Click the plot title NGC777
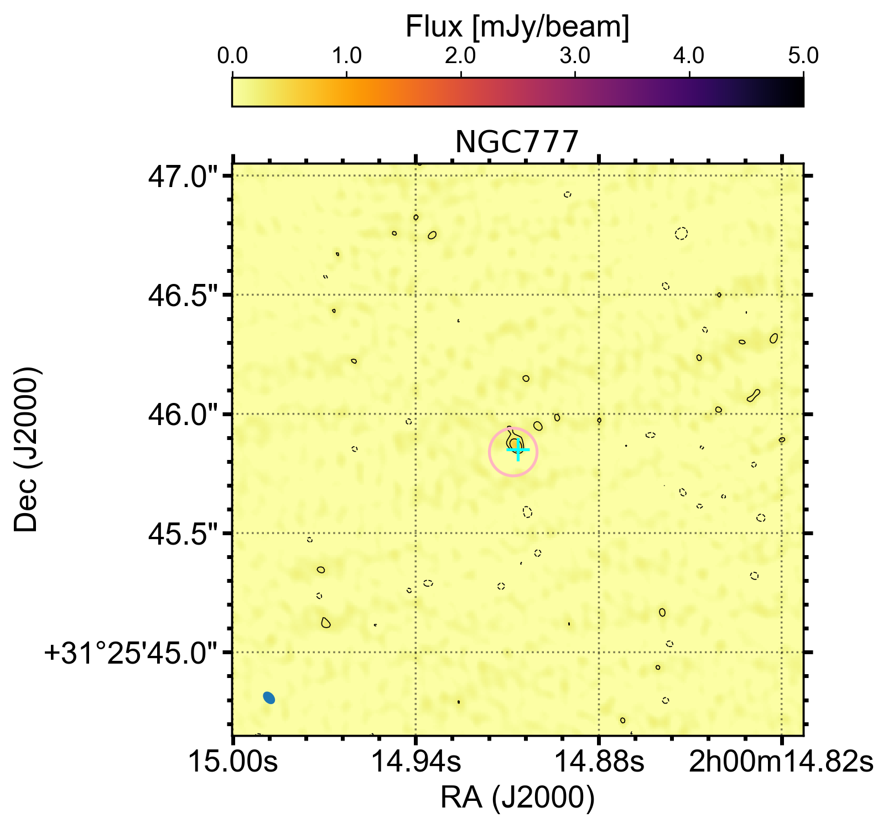516,142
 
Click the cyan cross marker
518,451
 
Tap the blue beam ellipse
269,698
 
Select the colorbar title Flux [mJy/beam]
517,27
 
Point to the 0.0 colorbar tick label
232,56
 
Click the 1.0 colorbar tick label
347,56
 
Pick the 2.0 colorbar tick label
461,56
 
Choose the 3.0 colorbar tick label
575,56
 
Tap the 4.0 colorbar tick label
689,56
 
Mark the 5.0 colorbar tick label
803,56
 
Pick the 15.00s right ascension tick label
233,762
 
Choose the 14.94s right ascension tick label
416,762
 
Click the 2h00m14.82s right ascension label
781,762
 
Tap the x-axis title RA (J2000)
517,798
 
